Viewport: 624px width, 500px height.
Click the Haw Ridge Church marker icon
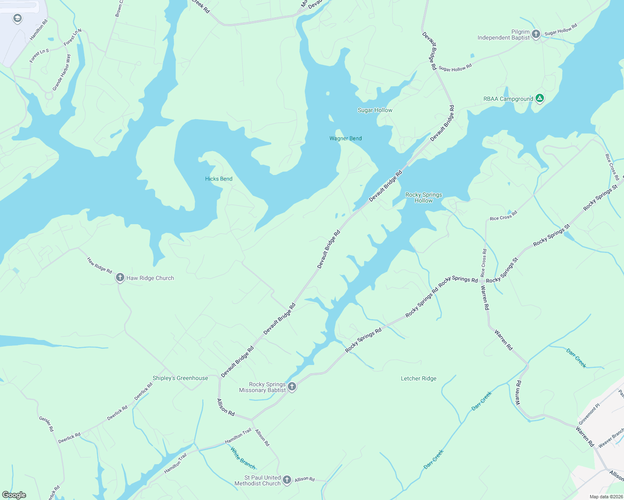[x=120, y=277]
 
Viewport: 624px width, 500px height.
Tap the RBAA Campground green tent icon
[x=540, y=98]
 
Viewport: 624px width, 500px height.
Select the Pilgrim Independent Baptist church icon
[x=536, y=34]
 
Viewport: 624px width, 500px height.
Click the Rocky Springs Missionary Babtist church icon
[x=292, y=387]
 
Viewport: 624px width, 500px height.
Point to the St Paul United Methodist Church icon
[x=287, y=480]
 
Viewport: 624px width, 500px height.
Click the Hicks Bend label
[x=219, y=179]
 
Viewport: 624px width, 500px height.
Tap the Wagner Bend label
[x=345, y=138]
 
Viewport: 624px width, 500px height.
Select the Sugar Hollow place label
[x=375, y=110]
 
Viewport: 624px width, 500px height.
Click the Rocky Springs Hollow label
[x=423, y=197]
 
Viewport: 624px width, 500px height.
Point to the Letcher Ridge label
[x=418, y=378]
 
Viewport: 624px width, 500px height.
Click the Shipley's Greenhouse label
[x=180, y=378]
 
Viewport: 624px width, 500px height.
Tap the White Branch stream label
[x=243, y=458]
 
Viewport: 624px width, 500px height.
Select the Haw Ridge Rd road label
[x=99, y=265]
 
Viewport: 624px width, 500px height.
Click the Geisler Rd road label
[x=46, y=424]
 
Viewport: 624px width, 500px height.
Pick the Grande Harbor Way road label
[x=61, y=72]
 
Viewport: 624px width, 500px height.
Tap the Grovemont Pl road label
[x=589, y=414]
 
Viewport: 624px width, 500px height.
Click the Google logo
[x=14, y=495]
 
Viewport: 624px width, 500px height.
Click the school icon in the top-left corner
[x=17, y=18]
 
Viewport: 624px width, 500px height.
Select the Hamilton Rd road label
[x=39, y=30]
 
